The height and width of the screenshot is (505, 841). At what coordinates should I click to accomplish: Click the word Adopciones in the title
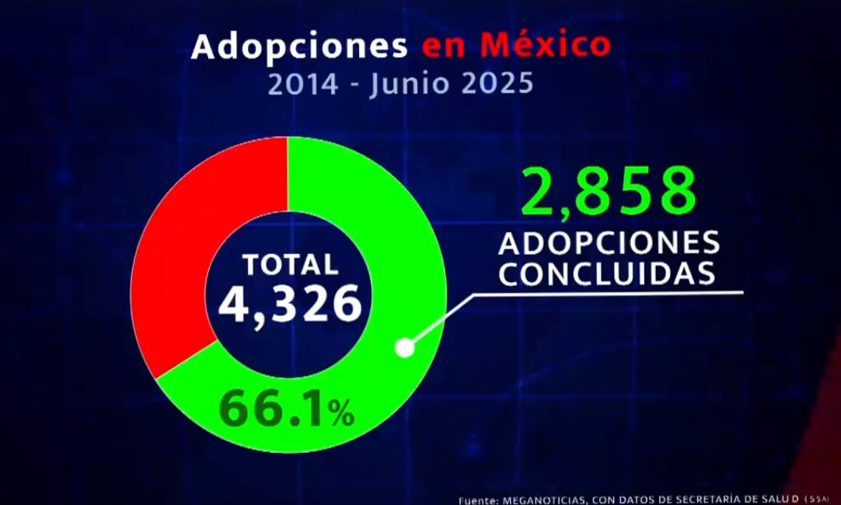pos(299,46)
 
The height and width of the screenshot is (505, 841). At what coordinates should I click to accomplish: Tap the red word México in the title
pos(545,44)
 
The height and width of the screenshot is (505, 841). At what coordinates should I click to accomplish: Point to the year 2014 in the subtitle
pos(303,83)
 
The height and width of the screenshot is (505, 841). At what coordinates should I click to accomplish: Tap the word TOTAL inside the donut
pos(290,264)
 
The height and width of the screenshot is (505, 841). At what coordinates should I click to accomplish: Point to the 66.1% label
pos(286,409)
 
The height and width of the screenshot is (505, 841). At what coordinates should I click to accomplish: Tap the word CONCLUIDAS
pos(607,274)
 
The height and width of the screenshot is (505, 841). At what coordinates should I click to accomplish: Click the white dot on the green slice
pos(404,347)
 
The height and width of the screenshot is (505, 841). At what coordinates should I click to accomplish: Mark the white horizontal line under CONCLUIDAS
pos(614,294)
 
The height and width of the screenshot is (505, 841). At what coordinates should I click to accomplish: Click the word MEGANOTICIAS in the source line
pos(536,500)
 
